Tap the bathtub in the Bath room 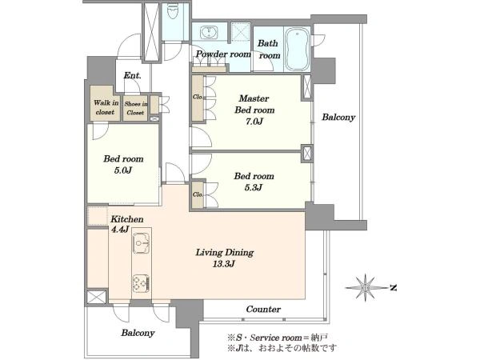point(297,49)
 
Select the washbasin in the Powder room point(209,33)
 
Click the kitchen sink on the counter point(141,243)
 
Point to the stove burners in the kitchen point(141,283)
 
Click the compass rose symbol point(366,288)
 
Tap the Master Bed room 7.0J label point(254,110)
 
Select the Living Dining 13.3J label point(225,258)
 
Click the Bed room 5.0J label point(123,164)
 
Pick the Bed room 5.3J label point(254,182)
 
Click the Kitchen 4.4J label point(126,224)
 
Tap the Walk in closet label point(106,107)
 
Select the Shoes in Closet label point(136,108)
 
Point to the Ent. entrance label point(132,75)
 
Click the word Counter point(263,309)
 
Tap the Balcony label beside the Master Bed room point(338,118)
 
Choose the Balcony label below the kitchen point(138,333)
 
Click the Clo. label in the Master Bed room point(198,97)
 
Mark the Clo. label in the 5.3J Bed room point(198,194)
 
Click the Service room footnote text point(278,338)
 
